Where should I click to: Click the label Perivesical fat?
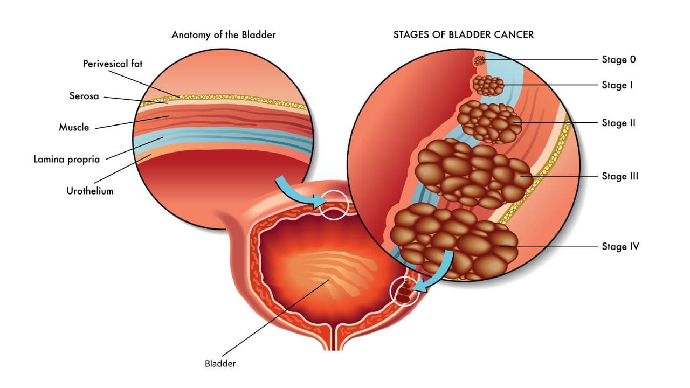click(x=113, y=64)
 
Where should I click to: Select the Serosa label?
click(x=84, y=96)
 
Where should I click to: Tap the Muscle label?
click(x=74, y=128)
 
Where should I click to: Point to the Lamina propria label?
click(x=66, y=160)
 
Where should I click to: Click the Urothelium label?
click(x=90, y=191)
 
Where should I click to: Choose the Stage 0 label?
click(x=619, y=59)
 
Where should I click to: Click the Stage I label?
click(x=617, y=85)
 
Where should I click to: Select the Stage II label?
click(x=619, y=123)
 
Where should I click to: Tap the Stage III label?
click(x=620, y=176)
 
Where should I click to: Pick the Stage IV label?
click(x=620, y=247)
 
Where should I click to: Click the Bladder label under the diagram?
click(x=220, y=364)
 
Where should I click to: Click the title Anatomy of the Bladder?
click(x=224, y=35)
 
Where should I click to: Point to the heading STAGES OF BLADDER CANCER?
click(x=464, y=35)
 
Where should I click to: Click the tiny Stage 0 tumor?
click(x=479, y=61)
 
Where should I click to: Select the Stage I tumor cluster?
click(x=488, y=85)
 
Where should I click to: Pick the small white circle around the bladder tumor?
click(x=404, y=292)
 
